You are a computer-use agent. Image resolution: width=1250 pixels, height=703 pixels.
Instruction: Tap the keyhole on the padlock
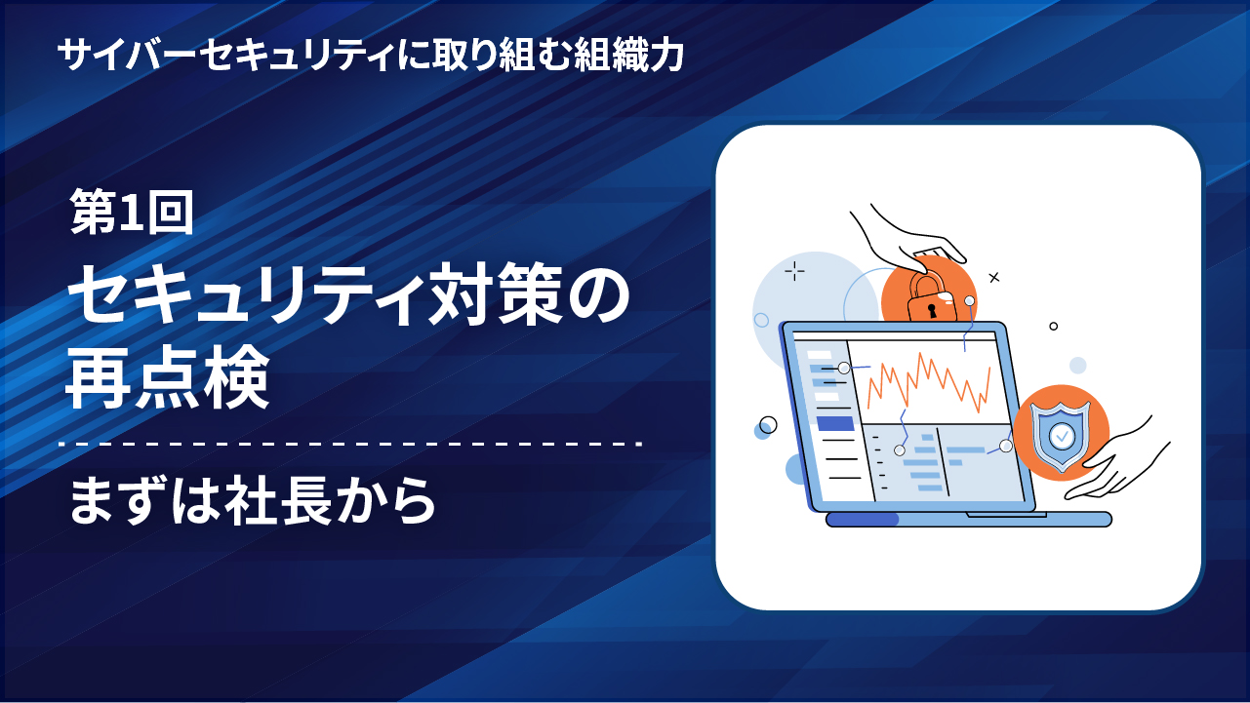pyautogui.click(x=931, y=310)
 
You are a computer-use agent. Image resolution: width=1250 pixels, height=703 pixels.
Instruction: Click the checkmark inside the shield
pyautogui.click(x=1062, y=436)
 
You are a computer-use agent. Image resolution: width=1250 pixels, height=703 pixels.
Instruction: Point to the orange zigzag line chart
pyautogui.click(x=929, y=382)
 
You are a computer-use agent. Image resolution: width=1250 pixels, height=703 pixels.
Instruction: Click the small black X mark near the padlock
pyautogui.click(x=994, y=278)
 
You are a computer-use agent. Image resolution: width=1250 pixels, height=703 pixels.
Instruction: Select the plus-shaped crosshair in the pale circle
pyautogui.click(x=794, y=271)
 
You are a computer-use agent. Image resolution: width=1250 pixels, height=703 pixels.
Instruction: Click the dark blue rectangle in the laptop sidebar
pyautogui.click(x=835, y=424)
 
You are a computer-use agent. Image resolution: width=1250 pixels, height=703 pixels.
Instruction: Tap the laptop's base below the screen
pyautogui.click(x=968, y=520)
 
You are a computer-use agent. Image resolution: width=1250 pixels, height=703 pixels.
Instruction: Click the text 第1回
pyautogui.click(x=132, y=212)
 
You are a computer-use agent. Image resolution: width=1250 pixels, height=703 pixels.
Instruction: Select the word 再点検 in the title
pyautogui.click(x=168, y=377)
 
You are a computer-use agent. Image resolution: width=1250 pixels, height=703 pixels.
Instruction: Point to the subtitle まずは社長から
pyautogui.click(x=252, y=500)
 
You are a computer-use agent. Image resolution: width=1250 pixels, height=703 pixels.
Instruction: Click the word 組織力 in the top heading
pyautogui.click(x=629, y=55)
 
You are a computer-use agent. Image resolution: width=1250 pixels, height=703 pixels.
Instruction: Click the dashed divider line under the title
pyautogui.click(x=351, y=445)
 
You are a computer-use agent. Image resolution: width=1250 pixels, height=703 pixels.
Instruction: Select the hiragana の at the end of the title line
pyautogui.click(x=598, y=295)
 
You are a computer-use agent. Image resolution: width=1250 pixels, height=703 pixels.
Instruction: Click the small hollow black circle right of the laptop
pyautogui.click(x=1054, y=326)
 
